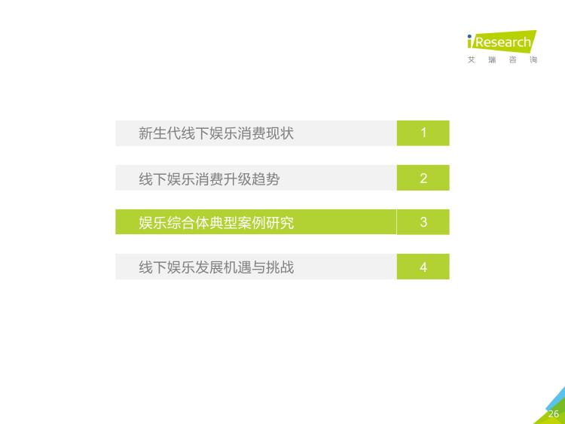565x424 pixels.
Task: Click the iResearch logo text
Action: click(x=502, y=41)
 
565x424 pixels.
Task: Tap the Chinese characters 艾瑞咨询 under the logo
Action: click(x=502, y=59)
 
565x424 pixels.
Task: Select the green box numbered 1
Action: click(x=423, y=133)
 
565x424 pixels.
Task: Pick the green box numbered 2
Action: click(x=423, y=178)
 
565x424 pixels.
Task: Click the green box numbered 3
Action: click(x=423, y=222)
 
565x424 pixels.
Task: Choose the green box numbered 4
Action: click(x=423, y=267)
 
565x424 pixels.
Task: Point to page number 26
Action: click(x=554, y=414)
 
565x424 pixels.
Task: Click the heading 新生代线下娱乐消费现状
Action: click(x=216, y=133)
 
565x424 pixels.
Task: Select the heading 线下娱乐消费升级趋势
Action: click(x=209, y=178)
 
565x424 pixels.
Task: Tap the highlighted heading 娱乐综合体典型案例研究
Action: click(x=216, y=223)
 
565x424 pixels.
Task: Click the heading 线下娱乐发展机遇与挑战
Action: click(x=216, y=267)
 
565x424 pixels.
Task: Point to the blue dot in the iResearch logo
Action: click(x=469, y=36)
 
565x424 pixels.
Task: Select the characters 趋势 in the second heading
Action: click(x=266, y=178)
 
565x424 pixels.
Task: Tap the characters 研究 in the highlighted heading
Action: click(x=280, y=223)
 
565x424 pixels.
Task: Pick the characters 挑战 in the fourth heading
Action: click(x=280, y=267)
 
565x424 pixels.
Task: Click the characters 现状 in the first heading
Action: click(x=280, y=133)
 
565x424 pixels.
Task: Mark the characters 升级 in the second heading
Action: click(x=237, y=178)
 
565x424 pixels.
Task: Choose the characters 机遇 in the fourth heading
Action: click(x=237, y=267)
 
